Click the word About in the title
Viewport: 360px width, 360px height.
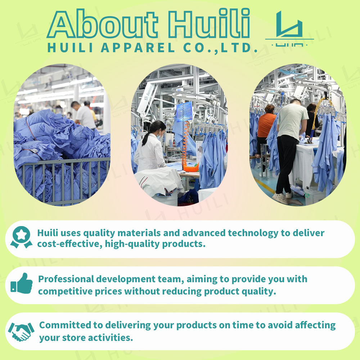(103, 24)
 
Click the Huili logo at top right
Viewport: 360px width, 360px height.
(289, 28)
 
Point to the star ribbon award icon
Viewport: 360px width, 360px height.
(21, 237)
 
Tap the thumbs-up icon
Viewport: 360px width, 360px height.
(22, 283)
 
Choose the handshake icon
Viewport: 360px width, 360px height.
(21, 332)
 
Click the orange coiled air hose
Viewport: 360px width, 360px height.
(188, 147)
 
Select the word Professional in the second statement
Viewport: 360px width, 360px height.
(66, 279)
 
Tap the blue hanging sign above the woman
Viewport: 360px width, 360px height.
(184, 112)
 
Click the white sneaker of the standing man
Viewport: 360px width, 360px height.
(280, 198)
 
